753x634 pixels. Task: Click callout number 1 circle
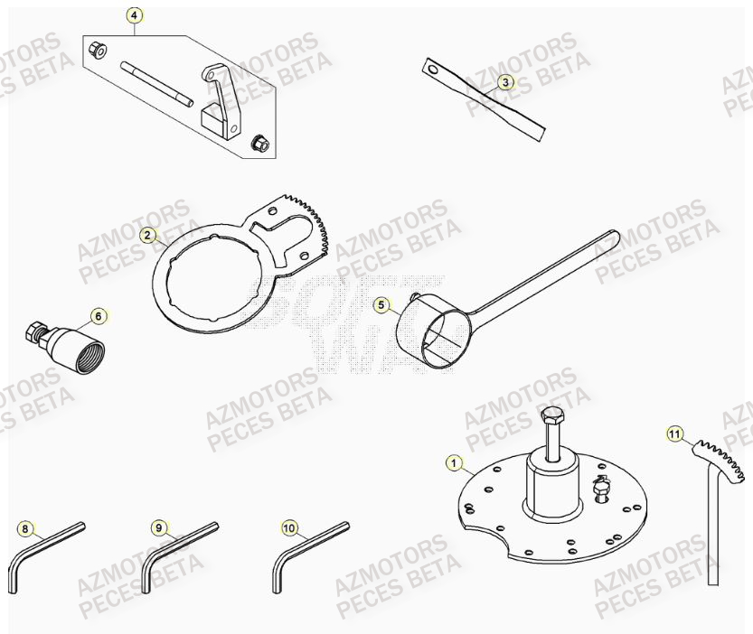point(453,462)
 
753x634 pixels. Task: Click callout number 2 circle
point(146,235)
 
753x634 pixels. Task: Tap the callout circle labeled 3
point(505,82)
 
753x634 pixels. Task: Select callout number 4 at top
point(134,15)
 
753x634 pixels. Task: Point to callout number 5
point(381,305)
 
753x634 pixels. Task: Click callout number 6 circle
point(99,316)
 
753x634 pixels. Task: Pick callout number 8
point(24,528)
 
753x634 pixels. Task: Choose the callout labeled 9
point(158,527)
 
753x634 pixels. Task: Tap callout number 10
point(289,527)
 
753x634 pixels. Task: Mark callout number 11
point(673,434)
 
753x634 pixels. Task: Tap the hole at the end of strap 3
point(431,65)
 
